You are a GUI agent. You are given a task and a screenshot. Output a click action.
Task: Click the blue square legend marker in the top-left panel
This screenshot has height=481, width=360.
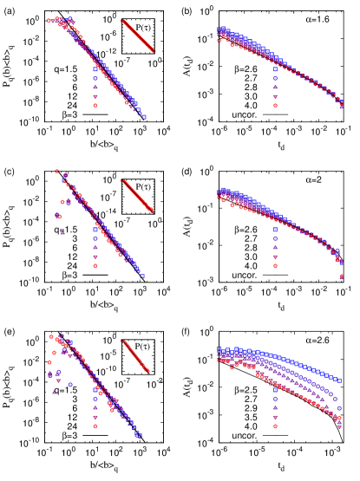coord(95,69)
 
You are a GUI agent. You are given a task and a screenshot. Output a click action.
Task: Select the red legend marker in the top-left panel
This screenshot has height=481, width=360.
coord(95,105)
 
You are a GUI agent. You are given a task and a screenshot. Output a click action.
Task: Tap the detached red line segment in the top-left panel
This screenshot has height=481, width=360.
coord(137,36)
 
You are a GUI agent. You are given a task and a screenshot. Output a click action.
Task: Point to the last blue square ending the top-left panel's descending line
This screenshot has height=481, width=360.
coord(144,116)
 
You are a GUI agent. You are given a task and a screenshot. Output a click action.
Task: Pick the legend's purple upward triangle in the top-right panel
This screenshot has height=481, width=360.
coord(275,87)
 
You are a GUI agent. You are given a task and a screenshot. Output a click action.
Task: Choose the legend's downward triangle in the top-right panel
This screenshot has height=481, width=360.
coord(275,96)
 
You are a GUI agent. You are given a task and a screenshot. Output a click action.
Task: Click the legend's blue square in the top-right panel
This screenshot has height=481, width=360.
coord(275,69)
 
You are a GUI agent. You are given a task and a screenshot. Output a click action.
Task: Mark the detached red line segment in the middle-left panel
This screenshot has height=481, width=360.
coord(137,195)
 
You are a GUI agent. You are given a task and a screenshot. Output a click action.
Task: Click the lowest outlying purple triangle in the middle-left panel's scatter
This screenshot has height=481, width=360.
coord(62,232)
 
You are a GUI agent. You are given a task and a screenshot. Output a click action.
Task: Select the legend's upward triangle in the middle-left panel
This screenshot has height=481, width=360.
coord(95,247)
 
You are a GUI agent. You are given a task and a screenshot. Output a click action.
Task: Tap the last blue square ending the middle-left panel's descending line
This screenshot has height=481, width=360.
coord(142,276)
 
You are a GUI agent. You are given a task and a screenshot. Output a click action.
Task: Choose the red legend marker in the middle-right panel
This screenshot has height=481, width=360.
coord(275,265)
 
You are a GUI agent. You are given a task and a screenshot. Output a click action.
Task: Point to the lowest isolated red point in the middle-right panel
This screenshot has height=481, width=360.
coord(341,276)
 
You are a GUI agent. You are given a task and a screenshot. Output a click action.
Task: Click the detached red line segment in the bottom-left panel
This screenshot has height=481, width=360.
coord(134,355)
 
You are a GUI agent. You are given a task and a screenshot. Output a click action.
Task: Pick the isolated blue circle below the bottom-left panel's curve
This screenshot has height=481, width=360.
coord(70,384)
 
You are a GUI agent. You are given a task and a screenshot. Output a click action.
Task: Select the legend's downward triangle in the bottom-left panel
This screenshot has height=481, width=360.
coord(95,416)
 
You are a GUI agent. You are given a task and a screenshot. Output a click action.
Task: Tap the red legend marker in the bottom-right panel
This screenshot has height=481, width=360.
coord(275,426)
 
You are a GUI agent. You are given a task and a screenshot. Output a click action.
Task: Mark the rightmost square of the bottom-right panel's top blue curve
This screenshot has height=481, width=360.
coord(339,380)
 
